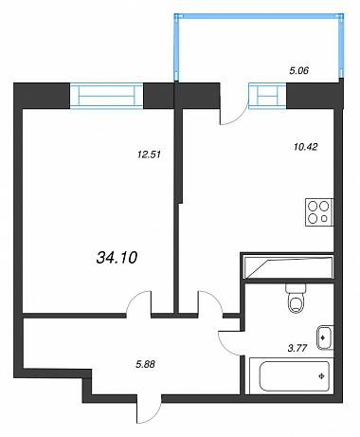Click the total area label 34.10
pyautogui.click(x=117, y=258)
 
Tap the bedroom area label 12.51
pyautogui.click(x=150, y=155)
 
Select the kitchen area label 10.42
pyautogui.click(x=305, y=147)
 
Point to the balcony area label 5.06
pyautogui.click(x=298, y=70)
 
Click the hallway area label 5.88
pyautogui.click(x=145, y=364)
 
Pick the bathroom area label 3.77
pyautogui.click(x=297, y=348)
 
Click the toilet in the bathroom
pyautogui.click(x=296, y=298)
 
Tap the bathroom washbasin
pyautogui.click(x=325, y=337)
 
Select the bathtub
pyautogui.click(x=291, y=376)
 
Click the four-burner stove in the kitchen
pyautogui.click(x=319, y=212)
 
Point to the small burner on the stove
pyautogui.click(x=324, y=218)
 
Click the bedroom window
pyautogui.click(x=106, y=96)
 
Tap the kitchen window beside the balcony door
pyautogui.click(x=267, y=96)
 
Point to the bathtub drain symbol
pyautogui.click(x=322, y=376)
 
